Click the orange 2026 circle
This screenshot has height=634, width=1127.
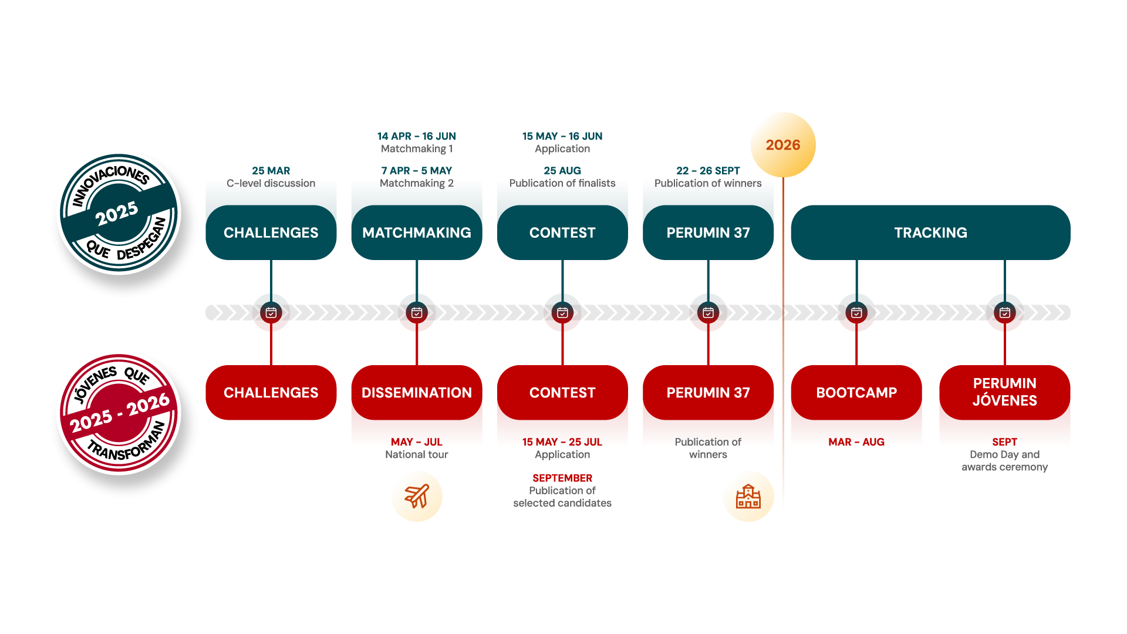click(783, 145)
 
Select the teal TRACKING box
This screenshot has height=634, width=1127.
click(930, 232)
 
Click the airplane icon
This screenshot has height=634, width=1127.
click(417, 496)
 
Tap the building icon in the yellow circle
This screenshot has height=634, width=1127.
click(748, 496)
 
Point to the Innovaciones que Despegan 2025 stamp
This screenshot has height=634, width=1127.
click(120, 215)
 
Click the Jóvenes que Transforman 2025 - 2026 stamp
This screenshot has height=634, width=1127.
click(120, 414)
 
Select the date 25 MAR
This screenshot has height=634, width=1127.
click(271, 171)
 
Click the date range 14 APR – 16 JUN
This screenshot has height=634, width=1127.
click(416, 136)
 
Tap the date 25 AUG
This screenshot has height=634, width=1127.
click(562, 171)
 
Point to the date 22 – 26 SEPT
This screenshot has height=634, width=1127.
click(708, 171)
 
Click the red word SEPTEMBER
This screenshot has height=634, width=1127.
click(562, 478)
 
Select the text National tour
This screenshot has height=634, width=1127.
click(417, 454)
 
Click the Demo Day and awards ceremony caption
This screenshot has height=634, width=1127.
click(1004, 461)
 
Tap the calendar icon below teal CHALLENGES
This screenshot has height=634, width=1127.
click(271, 313)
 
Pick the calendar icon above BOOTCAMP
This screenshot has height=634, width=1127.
click(856, 313)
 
